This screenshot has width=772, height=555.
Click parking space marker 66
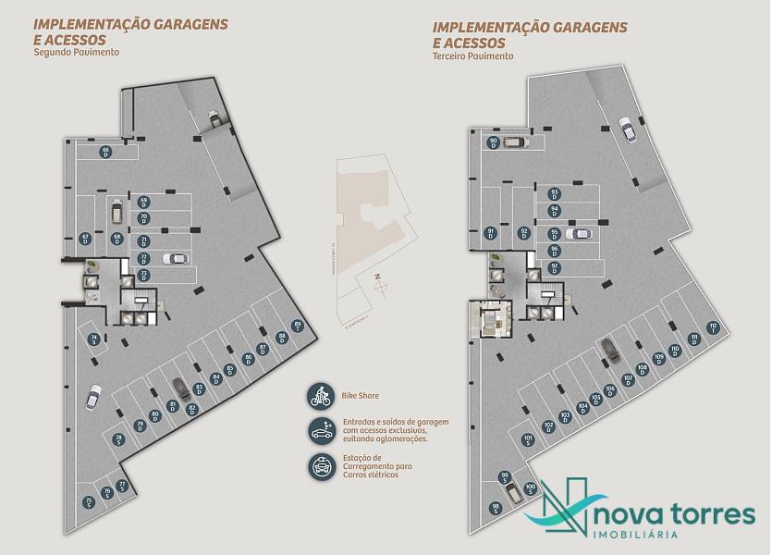106,151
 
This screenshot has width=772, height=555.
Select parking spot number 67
84,239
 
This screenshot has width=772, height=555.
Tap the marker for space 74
94,339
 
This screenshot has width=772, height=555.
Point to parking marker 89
297,325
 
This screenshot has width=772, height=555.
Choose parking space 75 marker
88,502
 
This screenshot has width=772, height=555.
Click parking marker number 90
494,142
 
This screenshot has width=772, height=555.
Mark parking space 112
713,327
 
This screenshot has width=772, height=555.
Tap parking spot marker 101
527,439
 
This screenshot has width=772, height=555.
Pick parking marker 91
491,233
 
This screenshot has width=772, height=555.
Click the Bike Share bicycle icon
321,397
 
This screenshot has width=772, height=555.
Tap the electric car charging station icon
321,466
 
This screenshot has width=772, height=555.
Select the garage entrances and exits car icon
321,431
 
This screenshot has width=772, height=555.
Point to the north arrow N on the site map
376,277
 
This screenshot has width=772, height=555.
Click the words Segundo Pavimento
77,53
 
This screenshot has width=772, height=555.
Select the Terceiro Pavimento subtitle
472,56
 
